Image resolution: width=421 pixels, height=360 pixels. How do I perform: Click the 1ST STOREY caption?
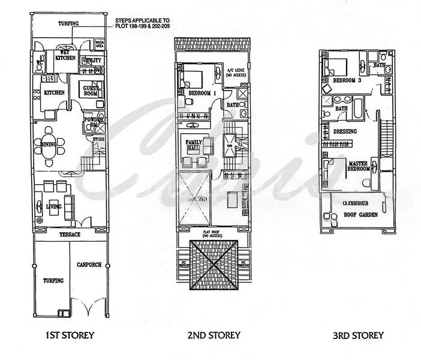tap(70, 335)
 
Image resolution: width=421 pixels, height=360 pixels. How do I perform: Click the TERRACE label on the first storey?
tap(70, 235)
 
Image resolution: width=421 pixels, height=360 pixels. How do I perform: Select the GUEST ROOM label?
tap(90, 91)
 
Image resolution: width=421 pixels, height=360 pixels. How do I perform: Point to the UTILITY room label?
tap(94, 61)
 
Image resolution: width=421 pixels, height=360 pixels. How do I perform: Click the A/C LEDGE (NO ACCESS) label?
tap(234, 73)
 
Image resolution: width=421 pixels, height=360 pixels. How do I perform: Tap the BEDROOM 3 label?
tap(346, 80)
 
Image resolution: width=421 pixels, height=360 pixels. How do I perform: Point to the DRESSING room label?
tap(344, 131)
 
